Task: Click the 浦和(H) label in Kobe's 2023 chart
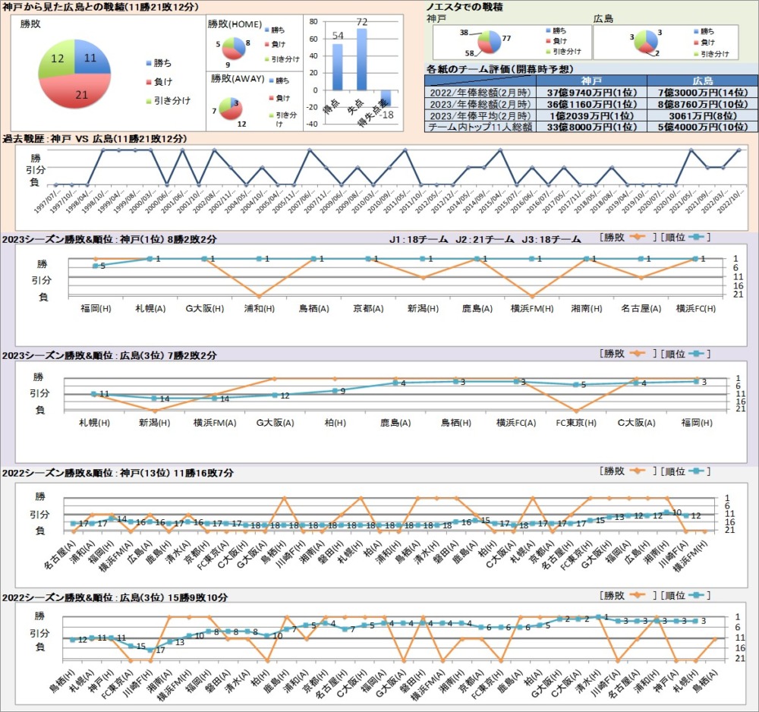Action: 259,308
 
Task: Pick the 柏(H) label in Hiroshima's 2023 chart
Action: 334,422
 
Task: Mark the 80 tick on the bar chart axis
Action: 315,23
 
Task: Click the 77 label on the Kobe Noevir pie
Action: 506,37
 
